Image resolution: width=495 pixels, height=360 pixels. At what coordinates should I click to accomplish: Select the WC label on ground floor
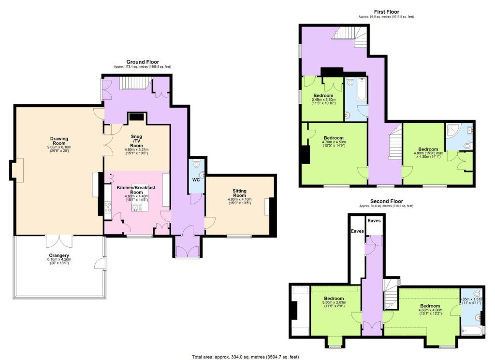[196, 180]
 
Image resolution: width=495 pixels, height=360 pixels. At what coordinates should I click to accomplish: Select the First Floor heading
[386, 12]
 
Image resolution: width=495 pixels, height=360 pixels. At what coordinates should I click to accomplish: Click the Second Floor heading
[386, 201]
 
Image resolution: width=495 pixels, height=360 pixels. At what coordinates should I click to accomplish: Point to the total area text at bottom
[246, 357]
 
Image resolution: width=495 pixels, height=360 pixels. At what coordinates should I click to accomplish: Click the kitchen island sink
[137, 207]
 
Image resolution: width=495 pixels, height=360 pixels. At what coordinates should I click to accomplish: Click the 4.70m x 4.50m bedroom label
[334, 141]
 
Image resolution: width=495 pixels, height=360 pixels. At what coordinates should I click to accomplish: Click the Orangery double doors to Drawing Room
[58, 240]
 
